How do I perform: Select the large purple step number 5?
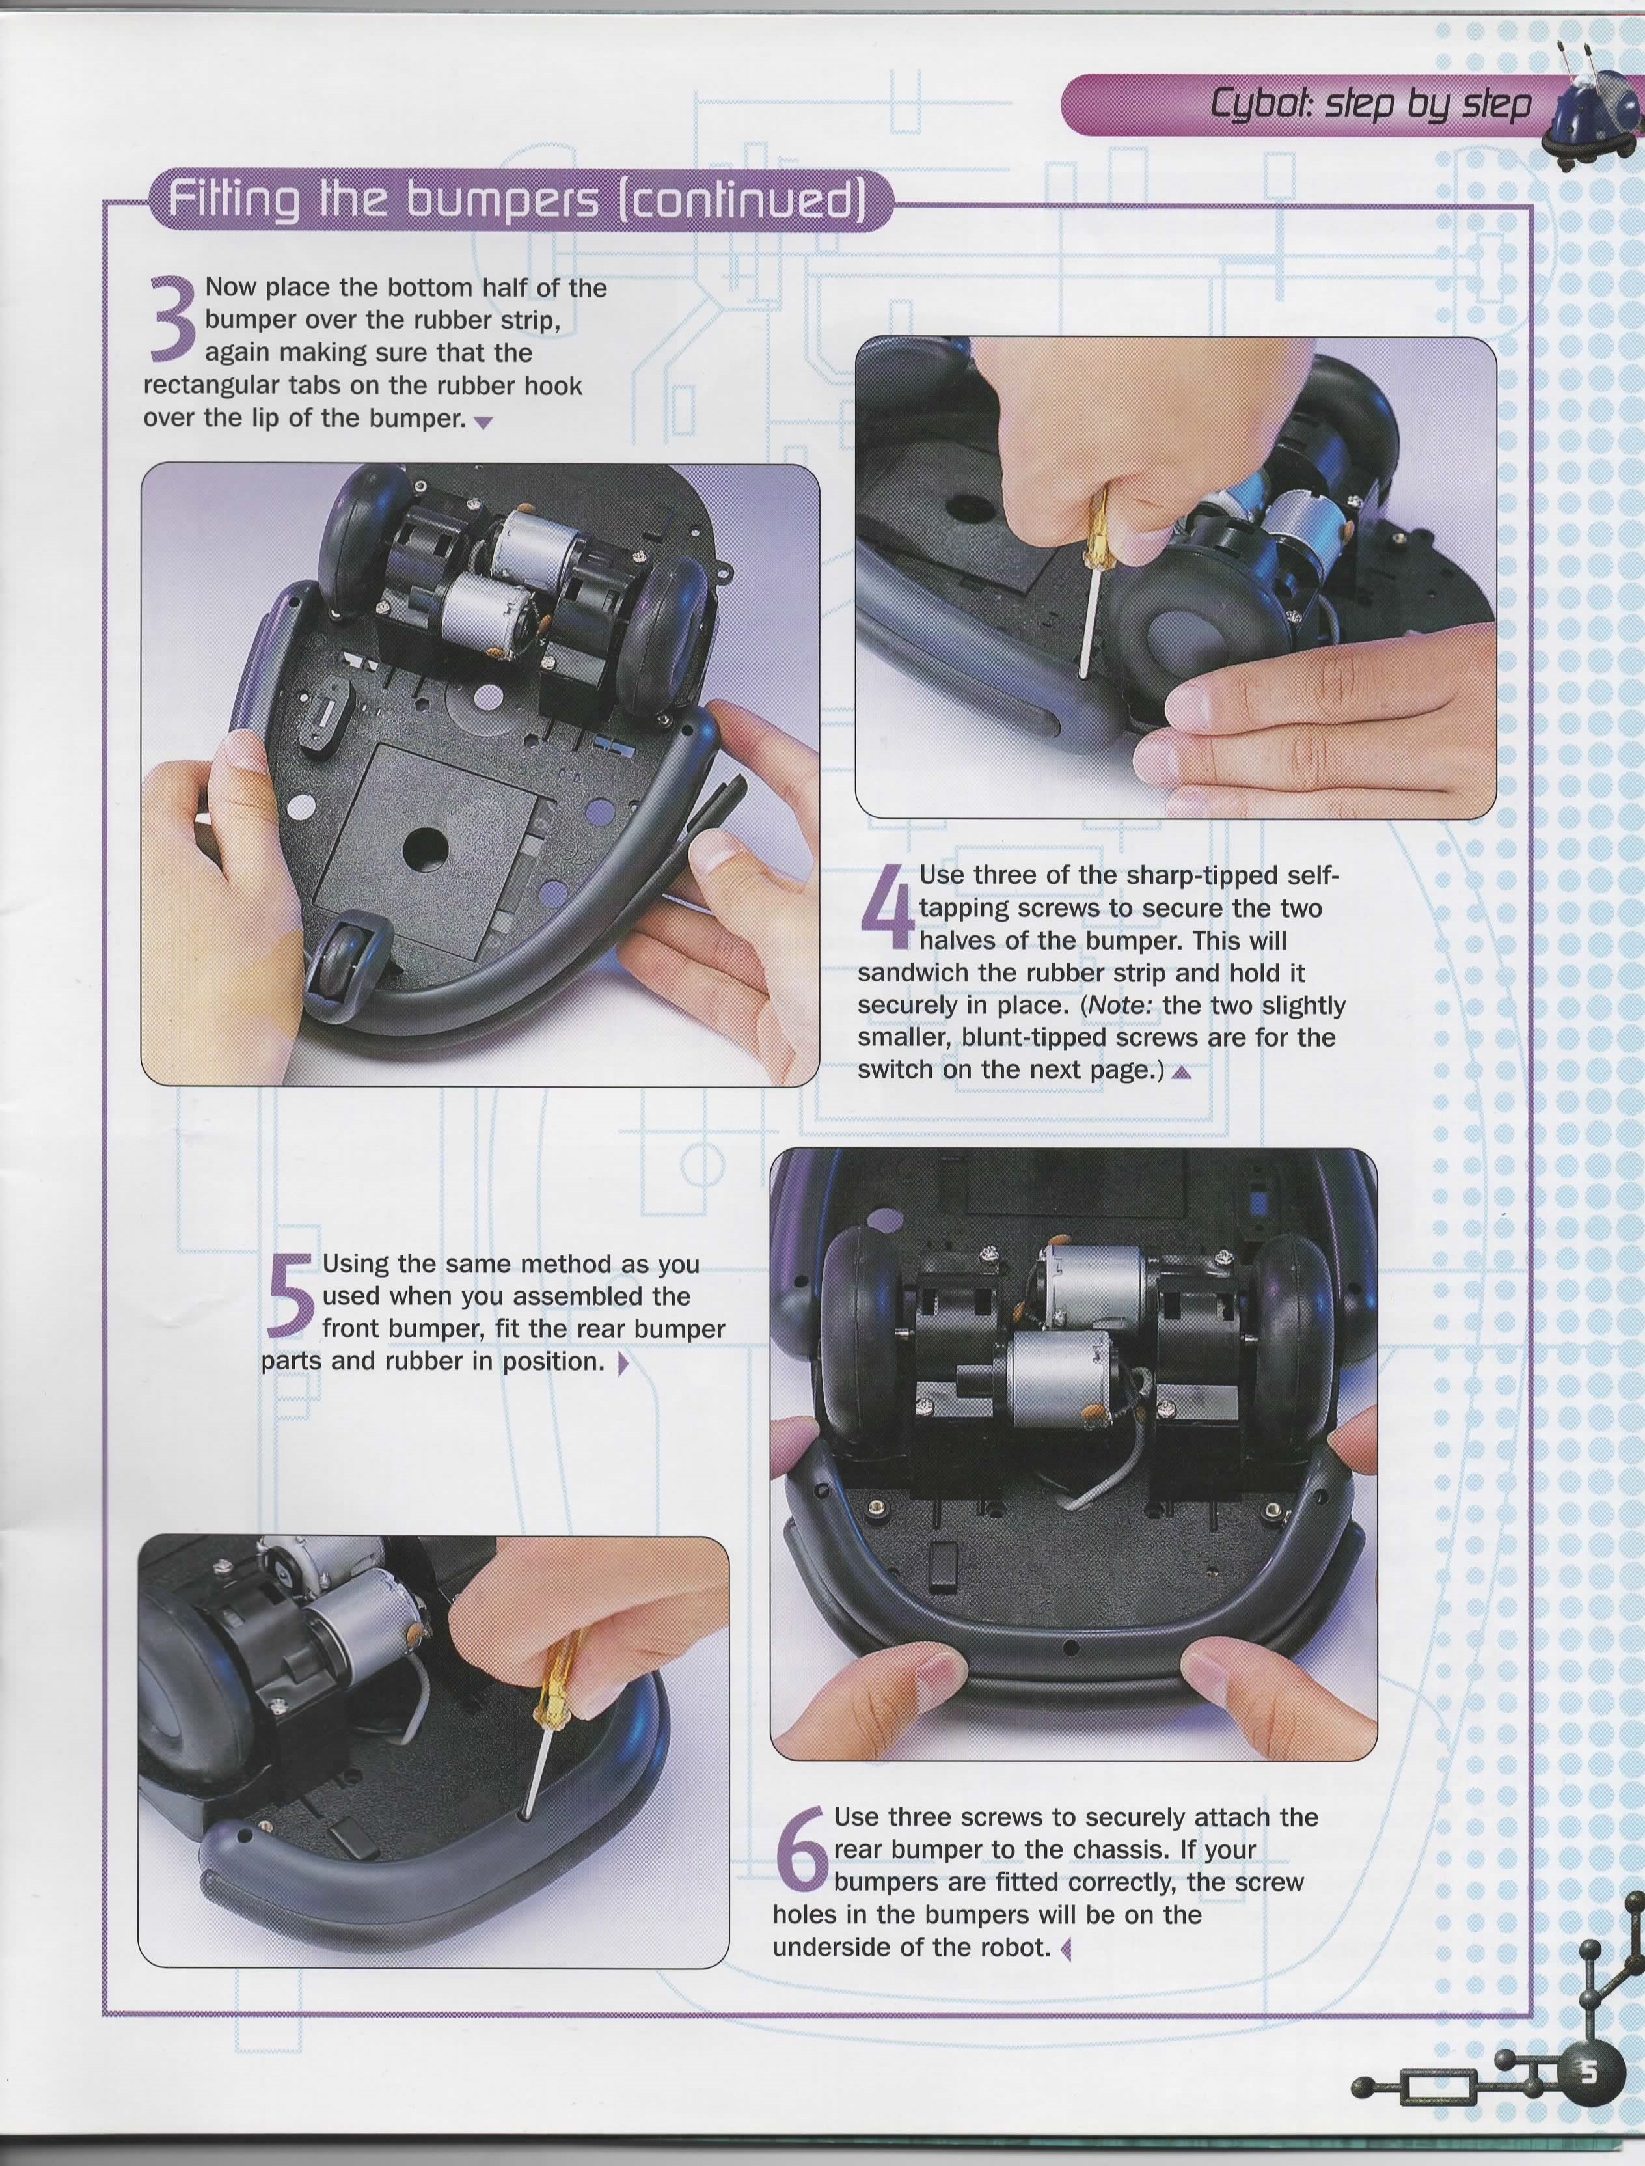290,1295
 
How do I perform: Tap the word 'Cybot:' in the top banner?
1261,103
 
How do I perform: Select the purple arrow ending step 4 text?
1182,1072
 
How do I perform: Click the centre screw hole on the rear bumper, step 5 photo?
1070,1649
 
